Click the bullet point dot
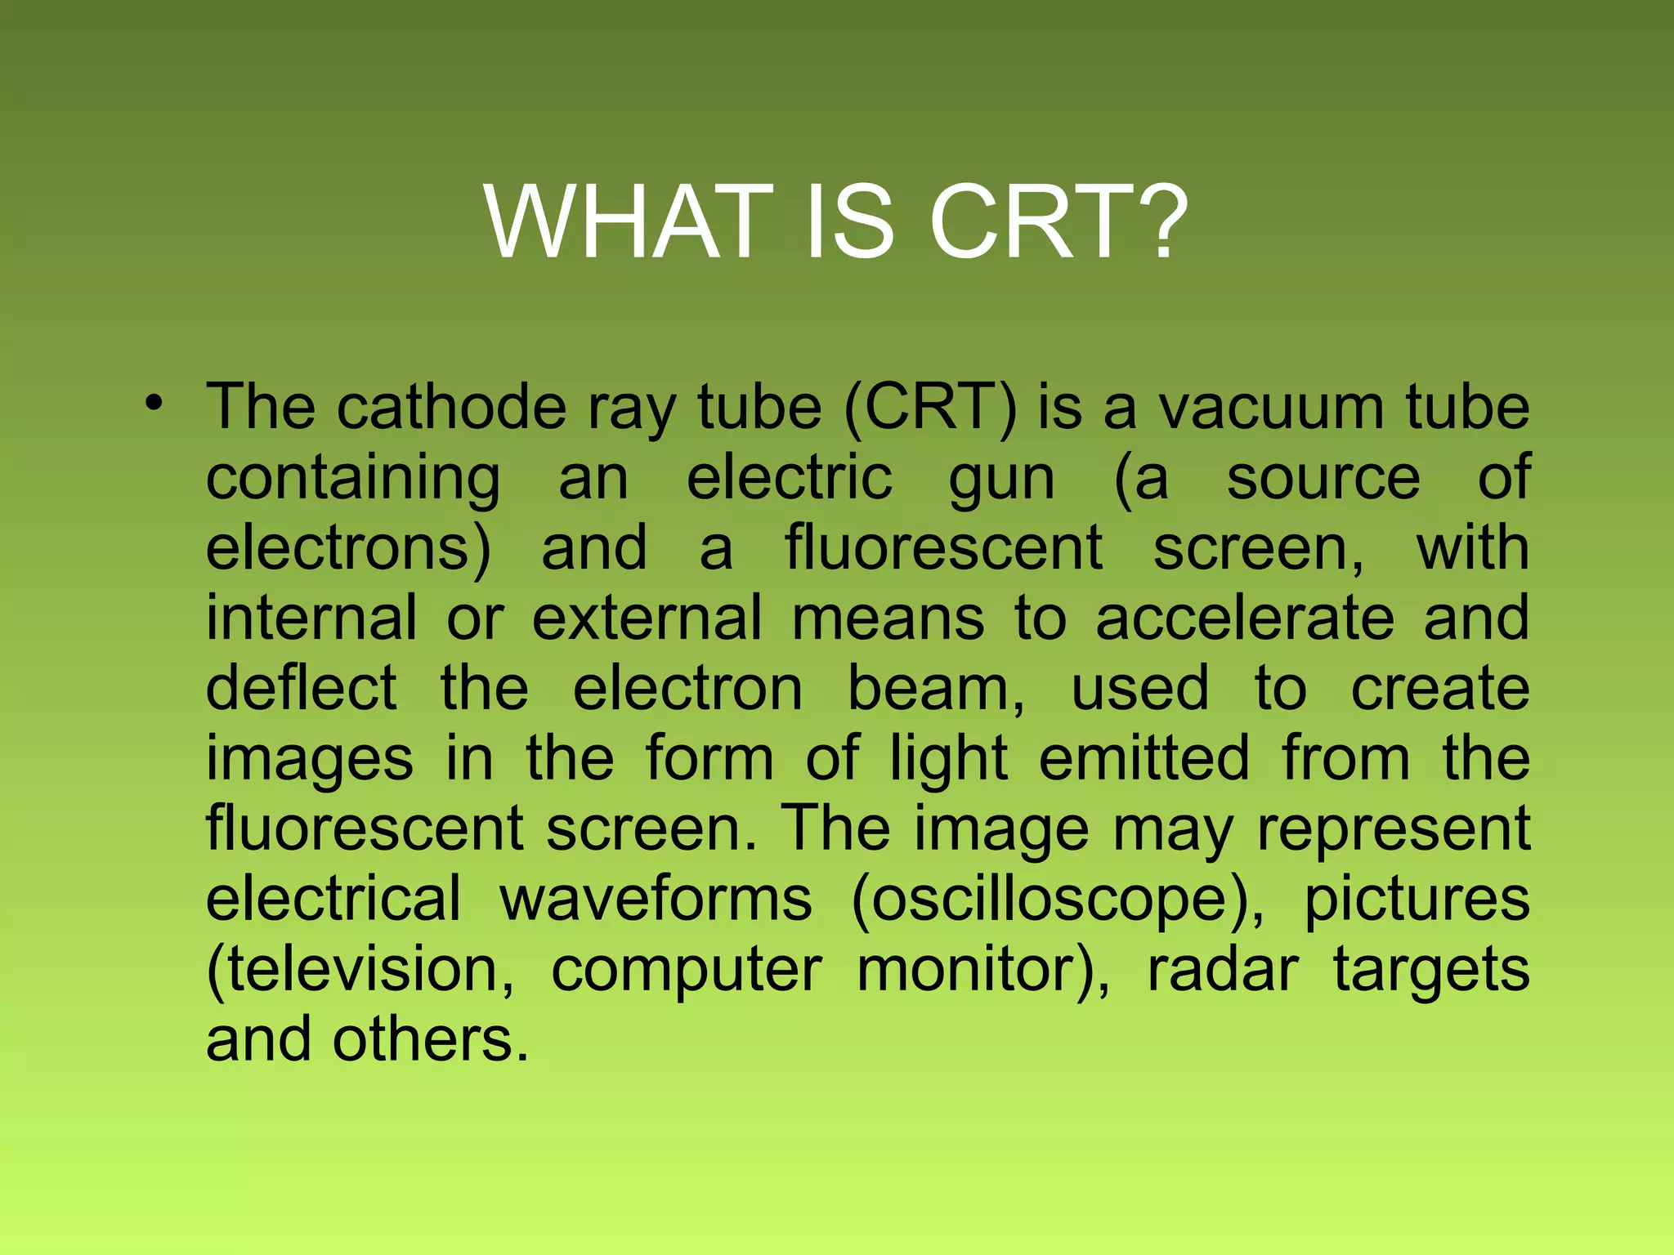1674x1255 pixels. coord(154,404)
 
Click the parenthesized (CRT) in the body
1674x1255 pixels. coord(930,409)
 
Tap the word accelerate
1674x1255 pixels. coord(1244,619)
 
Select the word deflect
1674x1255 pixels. coord(301,688)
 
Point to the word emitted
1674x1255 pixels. coord(1144,758)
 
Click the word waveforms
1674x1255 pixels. coord(656,899)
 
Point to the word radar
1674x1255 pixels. coord(1223,970)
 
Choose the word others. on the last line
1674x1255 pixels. coord(431,1040)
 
